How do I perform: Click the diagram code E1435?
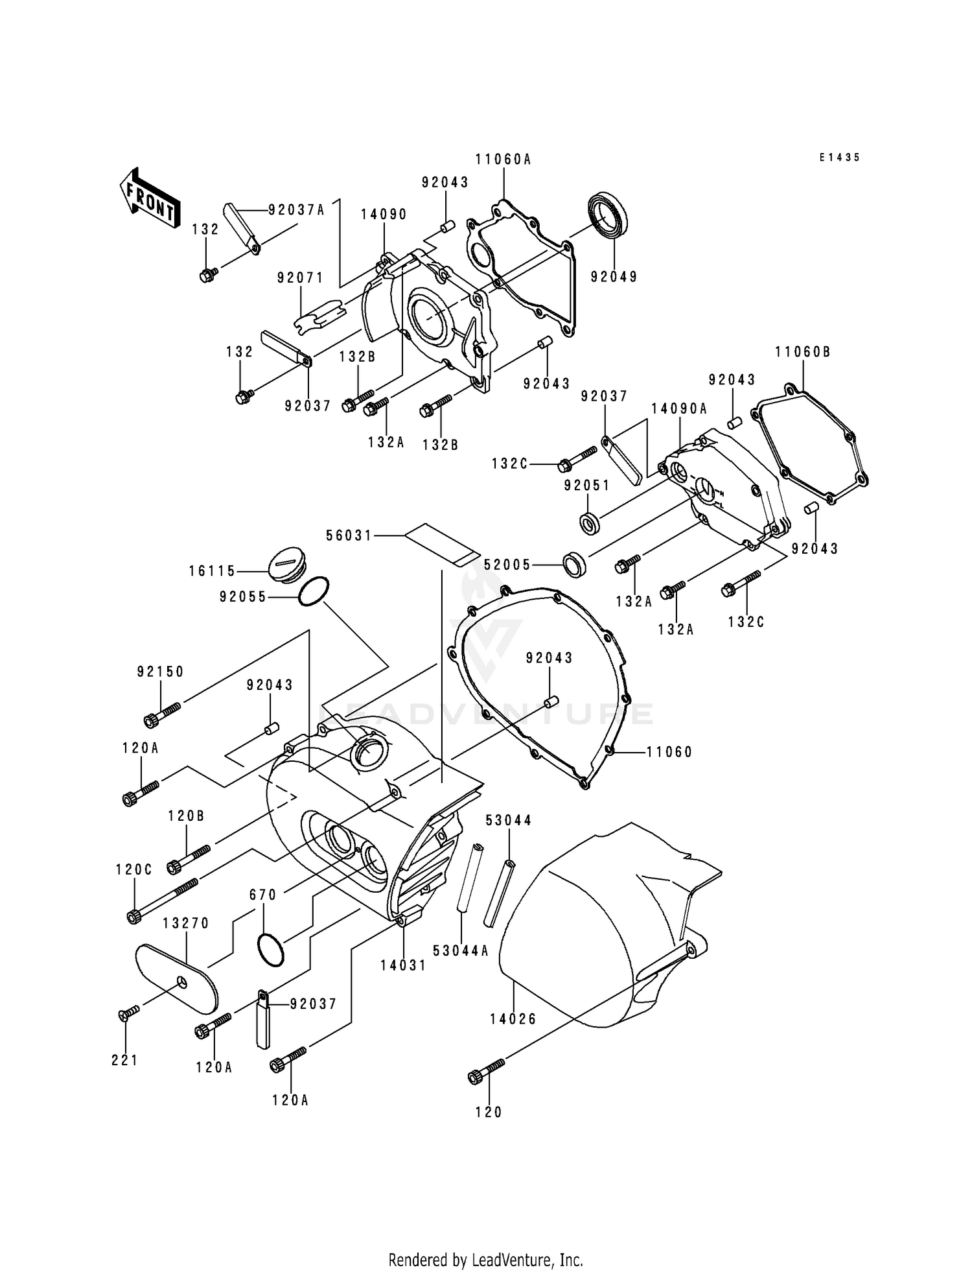pos(839,158)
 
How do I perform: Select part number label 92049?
pos(613,277)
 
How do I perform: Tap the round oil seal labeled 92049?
pos(608,215)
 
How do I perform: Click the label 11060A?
pos(503,159)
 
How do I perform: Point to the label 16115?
pos(212,571)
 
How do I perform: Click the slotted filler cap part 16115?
pos(286,565)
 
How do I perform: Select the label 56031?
pos(349,536)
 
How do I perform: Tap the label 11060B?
pos(802,352)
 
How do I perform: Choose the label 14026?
pos(513,1019)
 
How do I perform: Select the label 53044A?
pos(461,950)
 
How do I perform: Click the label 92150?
pos(160,672)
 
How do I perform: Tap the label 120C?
pos(134,870)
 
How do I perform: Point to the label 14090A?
pos(679,408)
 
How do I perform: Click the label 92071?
pos(300,277)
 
